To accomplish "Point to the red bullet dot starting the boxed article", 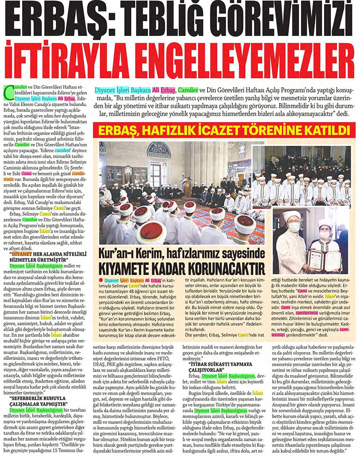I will coord(101,280).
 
